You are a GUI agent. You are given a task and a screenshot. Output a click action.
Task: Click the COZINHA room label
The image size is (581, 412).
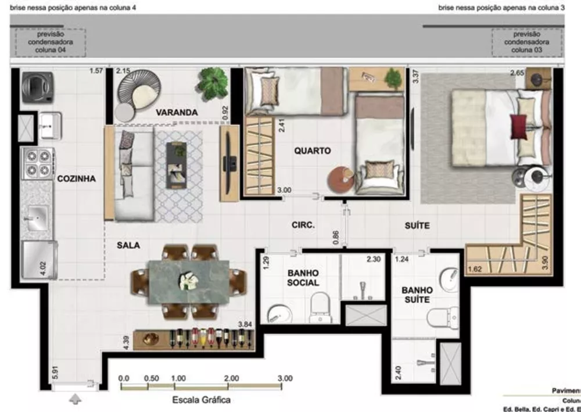[76, 179]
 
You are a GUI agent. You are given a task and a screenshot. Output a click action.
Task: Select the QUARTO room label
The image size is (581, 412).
[312, 151]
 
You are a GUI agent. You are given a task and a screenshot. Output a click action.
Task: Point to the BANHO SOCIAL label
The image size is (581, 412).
[303, 277]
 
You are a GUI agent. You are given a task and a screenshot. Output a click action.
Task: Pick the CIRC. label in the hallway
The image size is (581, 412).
[303, 225]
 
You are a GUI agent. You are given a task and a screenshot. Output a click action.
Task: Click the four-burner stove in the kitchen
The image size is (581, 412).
[38, 163]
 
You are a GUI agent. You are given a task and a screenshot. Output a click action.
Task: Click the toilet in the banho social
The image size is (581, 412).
[320, 306]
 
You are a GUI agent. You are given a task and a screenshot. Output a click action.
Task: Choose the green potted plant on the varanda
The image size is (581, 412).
[213, 83]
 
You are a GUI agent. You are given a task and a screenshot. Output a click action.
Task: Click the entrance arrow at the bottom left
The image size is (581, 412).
[76, 399]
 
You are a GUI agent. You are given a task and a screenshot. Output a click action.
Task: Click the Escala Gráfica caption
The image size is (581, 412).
[202, 400]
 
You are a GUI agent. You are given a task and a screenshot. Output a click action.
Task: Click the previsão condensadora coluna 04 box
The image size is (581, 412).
[51, 42]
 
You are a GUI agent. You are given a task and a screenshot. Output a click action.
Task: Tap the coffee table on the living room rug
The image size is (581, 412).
[177, 166]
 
